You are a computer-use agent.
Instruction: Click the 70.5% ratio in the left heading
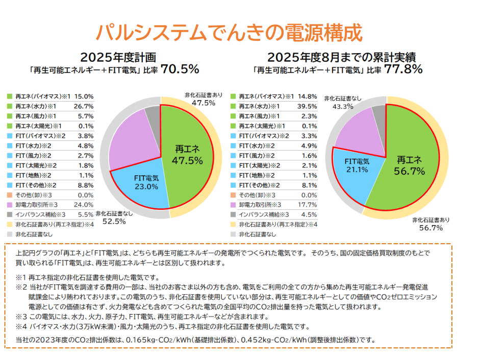pos(180,69)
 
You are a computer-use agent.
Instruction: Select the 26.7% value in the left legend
pos(84,106)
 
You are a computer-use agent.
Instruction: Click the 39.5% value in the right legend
pos(308,106)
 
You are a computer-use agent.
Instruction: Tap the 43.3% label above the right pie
pos(342,107)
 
